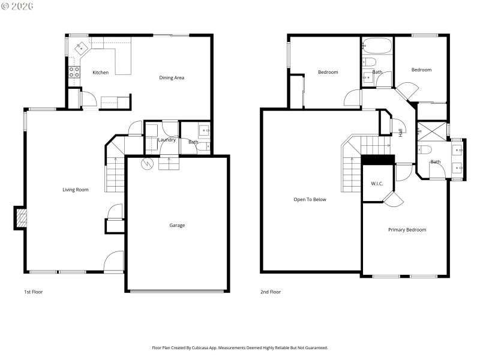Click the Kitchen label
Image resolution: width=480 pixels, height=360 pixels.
(100, 73)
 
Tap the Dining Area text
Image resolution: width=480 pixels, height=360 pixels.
(171, 77)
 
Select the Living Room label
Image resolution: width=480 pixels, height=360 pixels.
(76, 190)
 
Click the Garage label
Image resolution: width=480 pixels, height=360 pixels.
(177, 226)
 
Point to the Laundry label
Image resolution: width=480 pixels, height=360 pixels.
(167, 140)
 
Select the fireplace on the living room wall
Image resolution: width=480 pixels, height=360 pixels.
(20, 218)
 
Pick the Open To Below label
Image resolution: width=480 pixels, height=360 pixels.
(310, 199)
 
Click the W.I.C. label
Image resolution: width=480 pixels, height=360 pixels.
(377, 184)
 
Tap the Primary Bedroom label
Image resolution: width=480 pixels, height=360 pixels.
(407, 230)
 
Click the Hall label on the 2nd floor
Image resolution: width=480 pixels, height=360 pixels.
(400, 132)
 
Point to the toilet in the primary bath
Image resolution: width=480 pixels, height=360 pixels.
(424, 149)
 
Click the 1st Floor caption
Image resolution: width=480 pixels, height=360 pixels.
(33, 292)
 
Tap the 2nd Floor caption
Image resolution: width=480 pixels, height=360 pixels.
(270, 292)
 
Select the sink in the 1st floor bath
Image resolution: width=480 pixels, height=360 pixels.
(204, 130)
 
